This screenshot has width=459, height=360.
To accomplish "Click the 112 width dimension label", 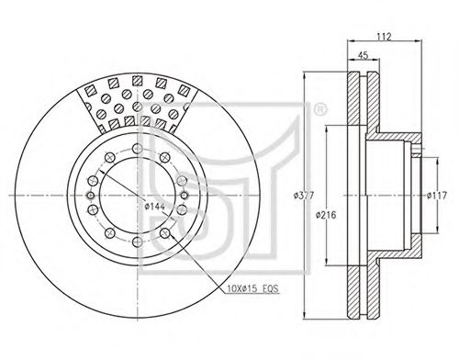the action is pyautogui.click(x=384, y=37).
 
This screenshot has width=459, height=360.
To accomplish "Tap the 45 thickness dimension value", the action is pyautogui.click(x=364, y=55).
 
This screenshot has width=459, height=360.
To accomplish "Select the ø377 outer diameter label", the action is pyautogui.click(x=303, y=196).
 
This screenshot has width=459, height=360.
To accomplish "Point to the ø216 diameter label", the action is pyautogui.click(x=326, y=215).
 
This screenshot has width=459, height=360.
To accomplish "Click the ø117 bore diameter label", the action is pyautogui.click(x=437, y=195).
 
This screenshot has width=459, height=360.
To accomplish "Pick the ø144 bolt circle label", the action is pyautogui.click(x=154, y=207).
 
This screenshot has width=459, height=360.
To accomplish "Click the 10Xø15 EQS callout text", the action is pyautogui.click(x=253, y=288).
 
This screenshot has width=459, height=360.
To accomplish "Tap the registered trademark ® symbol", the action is pyautogui.click(x=320, y=109).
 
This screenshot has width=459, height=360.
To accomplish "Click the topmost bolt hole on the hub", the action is pyautogui.click(x=138, y=149).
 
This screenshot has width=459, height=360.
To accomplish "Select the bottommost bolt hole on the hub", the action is pyautogui.click(x=138, y=242).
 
